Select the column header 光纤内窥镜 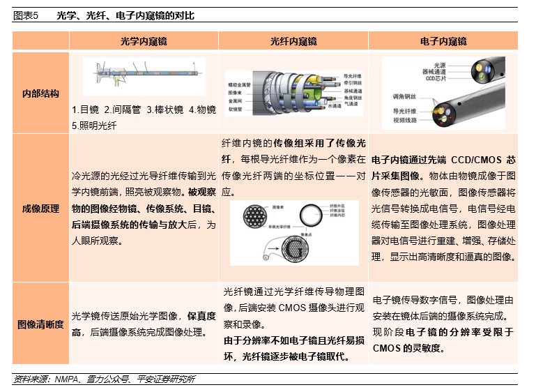[x=293, y=42]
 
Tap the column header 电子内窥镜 [x=443, y=42]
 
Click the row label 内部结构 [x=40, y=93]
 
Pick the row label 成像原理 [x=40, y=208]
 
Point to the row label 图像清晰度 [x=40, y=324]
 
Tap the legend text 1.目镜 [x=85, y=110]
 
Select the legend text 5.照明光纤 [x=94, y=126]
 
